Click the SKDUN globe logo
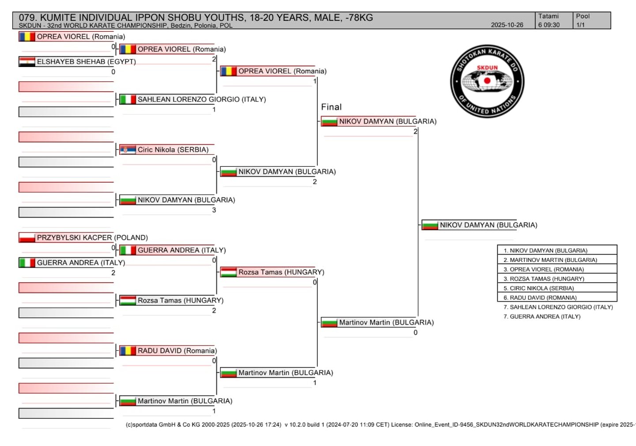(x=487, y=81)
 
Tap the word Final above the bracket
(x=331, y=107)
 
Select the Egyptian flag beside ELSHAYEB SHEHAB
(x=27, y=62)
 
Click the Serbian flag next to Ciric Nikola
(x=128, y=150)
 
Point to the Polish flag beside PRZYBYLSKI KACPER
(x=27, y=238)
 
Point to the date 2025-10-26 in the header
(x=507, y=25)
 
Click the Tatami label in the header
(x=548, y=16)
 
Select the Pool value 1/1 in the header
(x=580, y=25)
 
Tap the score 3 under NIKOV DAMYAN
(x=214, y=210)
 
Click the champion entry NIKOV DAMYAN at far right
(x=488, y=225)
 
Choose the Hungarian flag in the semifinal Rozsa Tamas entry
(x=229, y=272)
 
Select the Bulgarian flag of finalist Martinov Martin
(x=329, y=323)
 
